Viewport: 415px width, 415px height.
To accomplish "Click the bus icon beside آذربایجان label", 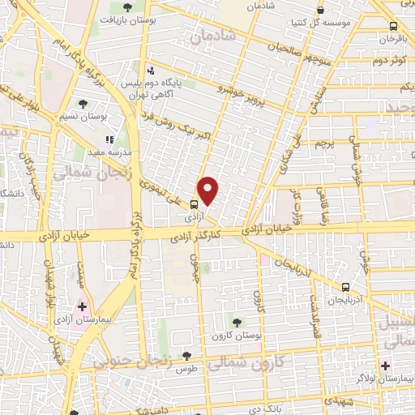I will [x=346, y=287].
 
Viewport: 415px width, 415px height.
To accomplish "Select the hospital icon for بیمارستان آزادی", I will [x=81, y=306].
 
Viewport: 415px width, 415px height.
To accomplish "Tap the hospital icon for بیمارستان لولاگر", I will [x=385, y=366].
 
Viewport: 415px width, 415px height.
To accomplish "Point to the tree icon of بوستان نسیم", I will [x=83, y=103].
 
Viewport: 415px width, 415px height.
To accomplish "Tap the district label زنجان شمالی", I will [x=81, y=172].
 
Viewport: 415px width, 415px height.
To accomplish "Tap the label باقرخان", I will [x=394, y=38].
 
